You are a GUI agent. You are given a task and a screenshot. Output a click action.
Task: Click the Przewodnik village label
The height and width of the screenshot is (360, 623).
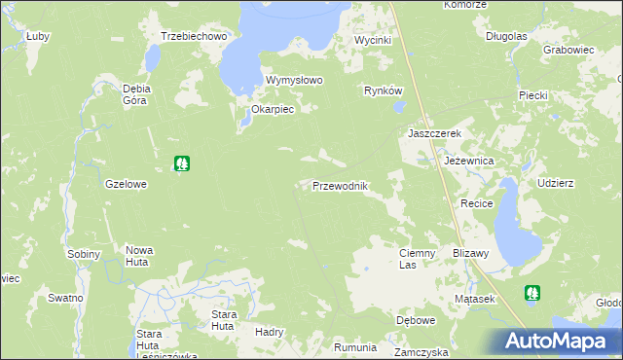pyautogui.click(x=339, y=186)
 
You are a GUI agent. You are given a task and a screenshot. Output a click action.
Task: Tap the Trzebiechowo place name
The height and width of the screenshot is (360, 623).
pyautogui.click(x=194, y=37)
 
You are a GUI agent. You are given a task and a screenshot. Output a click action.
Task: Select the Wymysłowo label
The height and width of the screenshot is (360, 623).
pyautogui.click(x=294, y=81)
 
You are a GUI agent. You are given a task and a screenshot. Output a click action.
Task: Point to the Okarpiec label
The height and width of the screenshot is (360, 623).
pyautogui.click(x=273, y=110)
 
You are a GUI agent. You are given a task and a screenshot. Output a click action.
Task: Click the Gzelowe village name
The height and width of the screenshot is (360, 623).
pyautogui.click(x=126, y=183)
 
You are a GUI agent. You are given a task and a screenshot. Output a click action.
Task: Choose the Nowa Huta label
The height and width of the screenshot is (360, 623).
pyautogui.click(x=139, y=256)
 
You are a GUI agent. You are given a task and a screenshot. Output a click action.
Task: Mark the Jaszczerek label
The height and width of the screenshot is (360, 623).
pyautogui.click(x=432, y=133)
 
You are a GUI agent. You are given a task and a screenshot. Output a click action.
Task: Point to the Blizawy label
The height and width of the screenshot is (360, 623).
pyautogui.click(x=470, y=252)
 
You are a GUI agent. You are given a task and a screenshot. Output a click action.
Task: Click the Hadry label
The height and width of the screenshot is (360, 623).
pyautogui.click(x=268, y=332)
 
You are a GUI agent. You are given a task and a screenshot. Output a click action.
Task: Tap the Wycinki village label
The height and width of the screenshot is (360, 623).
pyautogui.click(x=372, y=41)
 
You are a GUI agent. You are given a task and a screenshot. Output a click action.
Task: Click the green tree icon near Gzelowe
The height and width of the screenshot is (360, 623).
pyautogui.click(x=181, y=164)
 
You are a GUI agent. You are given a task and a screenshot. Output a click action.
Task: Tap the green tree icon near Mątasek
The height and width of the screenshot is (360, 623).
pyautogui.click(x=531, y=292)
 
